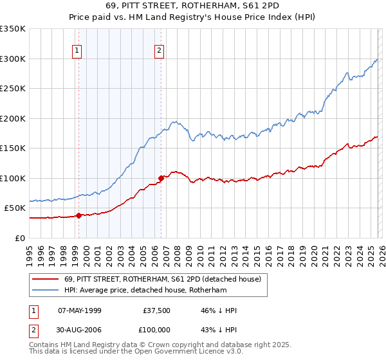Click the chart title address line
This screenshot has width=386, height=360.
pos(192,6)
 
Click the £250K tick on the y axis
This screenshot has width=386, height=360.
pos(13,89)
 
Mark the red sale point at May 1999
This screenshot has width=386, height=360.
pos(78,215)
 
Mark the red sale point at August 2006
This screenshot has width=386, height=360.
pos(161,178)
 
